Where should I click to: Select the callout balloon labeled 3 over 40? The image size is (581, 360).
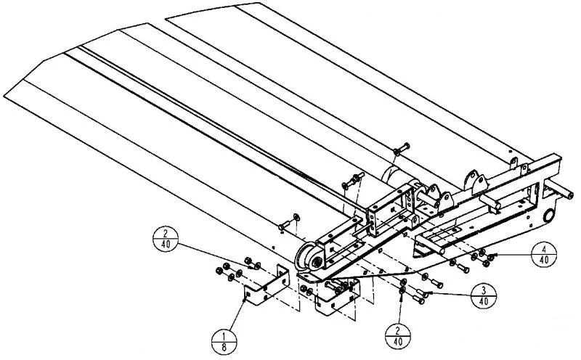tap(484, 296)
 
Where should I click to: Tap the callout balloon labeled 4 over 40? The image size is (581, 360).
tap(544, 254)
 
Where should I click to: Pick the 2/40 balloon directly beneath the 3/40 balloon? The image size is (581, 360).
tap(398, 336)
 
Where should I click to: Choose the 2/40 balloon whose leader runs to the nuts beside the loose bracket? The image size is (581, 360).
tap(166, 239)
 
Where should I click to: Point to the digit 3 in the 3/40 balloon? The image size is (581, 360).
tap(484, 290)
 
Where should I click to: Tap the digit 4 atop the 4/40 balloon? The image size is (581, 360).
tap(544, 247)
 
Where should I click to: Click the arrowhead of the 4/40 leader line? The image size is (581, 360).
tap(489, 255)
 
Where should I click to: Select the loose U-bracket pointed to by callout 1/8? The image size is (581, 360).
tap(266, 285)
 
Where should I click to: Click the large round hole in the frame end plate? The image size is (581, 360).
tap(549, 215)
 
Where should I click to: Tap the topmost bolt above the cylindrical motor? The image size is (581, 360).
tap(402, 149)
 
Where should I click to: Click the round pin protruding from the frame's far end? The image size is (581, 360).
tap(559, 189)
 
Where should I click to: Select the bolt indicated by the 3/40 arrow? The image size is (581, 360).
tap(422, 293)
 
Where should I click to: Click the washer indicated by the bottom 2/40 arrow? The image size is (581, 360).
tap(402, 290)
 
